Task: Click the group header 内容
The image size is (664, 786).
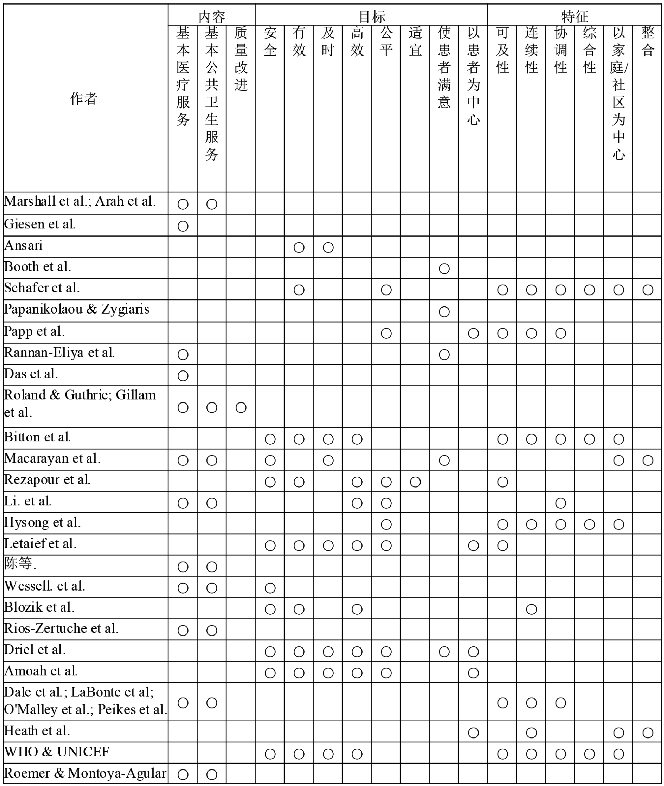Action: [x=212, y=16]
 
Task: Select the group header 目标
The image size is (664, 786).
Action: [x=372, y=16]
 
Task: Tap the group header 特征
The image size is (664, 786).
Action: [x=574, y=16]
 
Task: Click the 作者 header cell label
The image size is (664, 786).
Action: [x=83, y=99]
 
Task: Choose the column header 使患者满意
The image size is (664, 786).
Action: [x=444, y=68]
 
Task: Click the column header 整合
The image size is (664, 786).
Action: [x=648, y=42]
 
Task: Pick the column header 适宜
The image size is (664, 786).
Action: [x=415, y=42]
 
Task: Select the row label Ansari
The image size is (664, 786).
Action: [x=23, y=246]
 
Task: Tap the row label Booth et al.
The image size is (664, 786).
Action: [x=37, y=267]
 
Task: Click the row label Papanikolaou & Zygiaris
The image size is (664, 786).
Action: [x=77, y=309]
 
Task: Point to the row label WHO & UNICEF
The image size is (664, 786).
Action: [x=56, y=752]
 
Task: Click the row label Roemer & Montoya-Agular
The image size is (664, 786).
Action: [x=85, y=773]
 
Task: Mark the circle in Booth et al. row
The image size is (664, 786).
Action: [x=444, y=269]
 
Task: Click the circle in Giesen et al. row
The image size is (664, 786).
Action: [x=183, y=226]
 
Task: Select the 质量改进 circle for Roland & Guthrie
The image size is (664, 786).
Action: [x=241, y=407]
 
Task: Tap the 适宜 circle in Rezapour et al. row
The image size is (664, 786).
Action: [x=415, y=482]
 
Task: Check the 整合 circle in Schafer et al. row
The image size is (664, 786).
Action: [x=648, y=290]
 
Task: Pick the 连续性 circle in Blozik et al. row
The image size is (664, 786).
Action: [x=531, y=609]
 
